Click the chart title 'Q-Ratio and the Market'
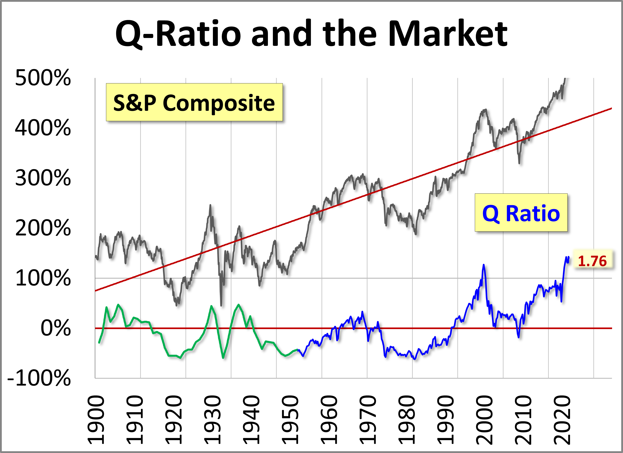click(x=311, y=34)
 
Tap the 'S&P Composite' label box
click(x=194, y=102)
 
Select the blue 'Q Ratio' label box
click(x=521, y=213)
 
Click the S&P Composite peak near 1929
click(x=210, y=205)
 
